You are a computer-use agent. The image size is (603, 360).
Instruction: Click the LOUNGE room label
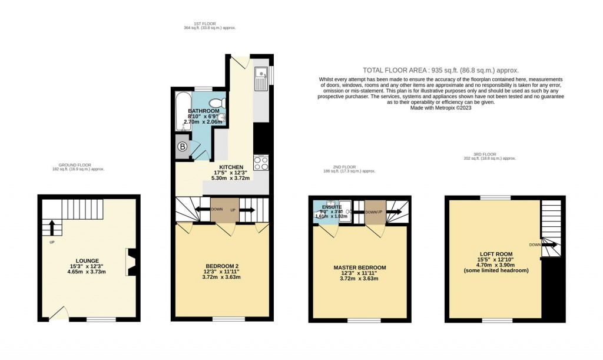(87, 260)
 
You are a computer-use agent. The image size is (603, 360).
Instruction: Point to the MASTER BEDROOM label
(359, 267)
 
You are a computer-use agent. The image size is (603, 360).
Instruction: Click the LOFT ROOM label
(496, 255)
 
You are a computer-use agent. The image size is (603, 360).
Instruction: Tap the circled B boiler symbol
(183, 147)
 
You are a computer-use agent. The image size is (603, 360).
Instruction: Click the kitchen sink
(260, 80)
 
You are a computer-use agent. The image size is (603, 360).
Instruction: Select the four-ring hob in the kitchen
(260, 163)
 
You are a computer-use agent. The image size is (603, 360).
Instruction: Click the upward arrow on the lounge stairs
(51, 227)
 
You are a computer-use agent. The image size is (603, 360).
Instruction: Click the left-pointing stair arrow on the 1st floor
(202, 209)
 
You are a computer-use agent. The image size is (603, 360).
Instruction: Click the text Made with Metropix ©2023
(440, 107)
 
